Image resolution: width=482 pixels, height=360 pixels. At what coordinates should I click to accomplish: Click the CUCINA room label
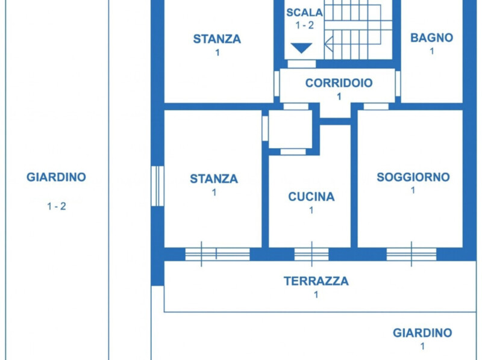311,197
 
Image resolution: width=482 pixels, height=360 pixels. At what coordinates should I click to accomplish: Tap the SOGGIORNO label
413,177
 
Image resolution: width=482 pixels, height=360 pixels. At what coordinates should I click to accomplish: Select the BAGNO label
431,37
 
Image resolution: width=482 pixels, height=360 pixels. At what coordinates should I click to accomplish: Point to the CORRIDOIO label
339,83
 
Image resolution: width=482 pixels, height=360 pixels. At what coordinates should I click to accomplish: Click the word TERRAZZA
316,281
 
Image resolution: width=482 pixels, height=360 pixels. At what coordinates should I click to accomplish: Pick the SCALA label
304,12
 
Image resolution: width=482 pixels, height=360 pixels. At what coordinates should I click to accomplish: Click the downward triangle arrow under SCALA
301,48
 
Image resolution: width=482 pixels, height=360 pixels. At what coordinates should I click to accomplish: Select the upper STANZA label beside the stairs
217,39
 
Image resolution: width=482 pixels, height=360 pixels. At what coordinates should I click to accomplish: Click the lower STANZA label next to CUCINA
214,179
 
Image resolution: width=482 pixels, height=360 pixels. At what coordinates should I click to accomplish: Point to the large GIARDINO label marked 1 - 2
56,178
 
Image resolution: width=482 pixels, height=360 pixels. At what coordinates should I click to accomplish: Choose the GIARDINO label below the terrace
422,332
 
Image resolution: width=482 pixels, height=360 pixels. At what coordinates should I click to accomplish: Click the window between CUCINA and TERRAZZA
311,254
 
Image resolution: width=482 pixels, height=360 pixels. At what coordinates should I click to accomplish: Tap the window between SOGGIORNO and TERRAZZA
412,254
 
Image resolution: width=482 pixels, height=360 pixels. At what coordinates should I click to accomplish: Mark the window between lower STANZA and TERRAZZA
217,254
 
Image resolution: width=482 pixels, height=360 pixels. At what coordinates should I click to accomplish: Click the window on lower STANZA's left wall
157,185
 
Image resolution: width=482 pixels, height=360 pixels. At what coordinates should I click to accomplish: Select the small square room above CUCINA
290,128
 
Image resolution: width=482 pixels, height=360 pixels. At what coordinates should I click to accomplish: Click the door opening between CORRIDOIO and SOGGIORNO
376,107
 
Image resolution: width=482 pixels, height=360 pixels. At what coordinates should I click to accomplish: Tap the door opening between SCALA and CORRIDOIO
301,64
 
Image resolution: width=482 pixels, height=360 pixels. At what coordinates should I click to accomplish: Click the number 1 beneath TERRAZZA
316,295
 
